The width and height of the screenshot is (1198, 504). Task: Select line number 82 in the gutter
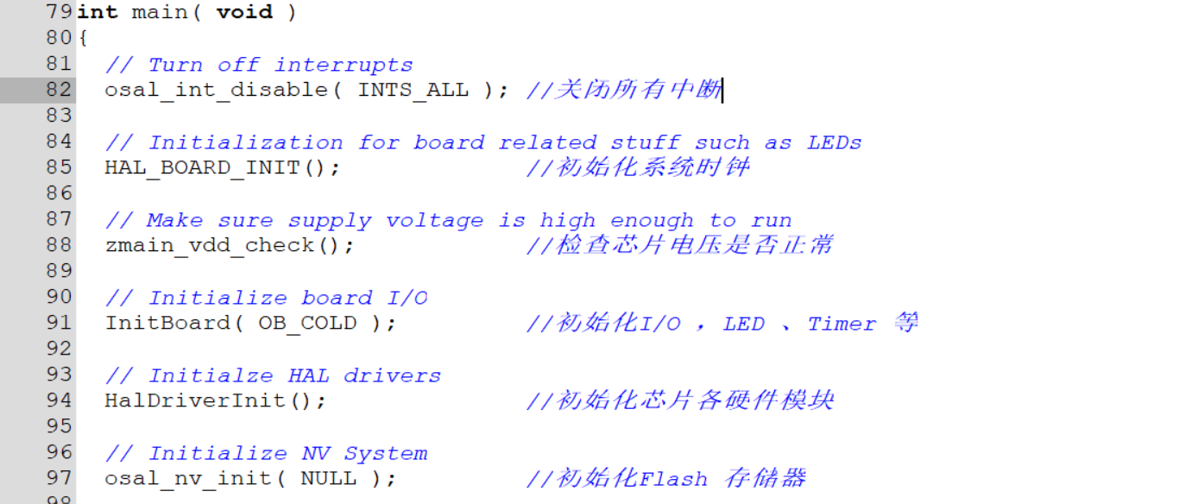[x=59, y=90]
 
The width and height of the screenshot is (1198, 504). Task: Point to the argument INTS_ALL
[x=413, y=90]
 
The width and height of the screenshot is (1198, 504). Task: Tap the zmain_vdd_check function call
[x=217, y=245]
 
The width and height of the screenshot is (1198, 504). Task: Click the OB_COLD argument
[x=308, y=323]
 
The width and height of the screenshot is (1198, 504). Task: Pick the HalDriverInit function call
[x=202, y=400]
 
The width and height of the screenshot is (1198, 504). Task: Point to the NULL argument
[x=329, y=478]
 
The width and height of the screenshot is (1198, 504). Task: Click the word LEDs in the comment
[x=835, y=142]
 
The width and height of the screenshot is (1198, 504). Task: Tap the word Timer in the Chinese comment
[x=842, y=324]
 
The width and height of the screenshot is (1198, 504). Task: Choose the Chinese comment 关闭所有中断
[x=639, y=90]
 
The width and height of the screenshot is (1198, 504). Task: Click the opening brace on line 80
[x=83, y=38]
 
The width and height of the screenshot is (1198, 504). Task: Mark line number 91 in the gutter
[x=59, y=323]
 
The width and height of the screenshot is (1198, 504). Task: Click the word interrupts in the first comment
[x=344, y=65]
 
